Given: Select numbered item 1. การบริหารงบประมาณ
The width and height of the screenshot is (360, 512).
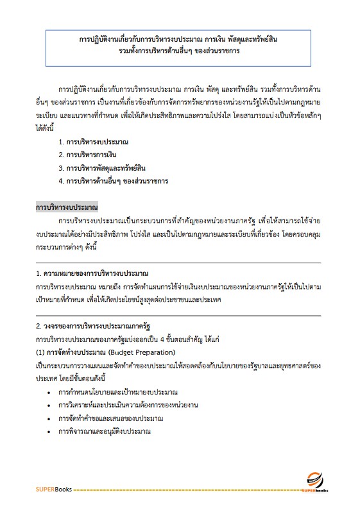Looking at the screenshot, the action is point(97,140).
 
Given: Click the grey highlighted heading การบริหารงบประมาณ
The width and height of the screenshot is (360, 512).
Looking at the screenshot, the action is point(67,208).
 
